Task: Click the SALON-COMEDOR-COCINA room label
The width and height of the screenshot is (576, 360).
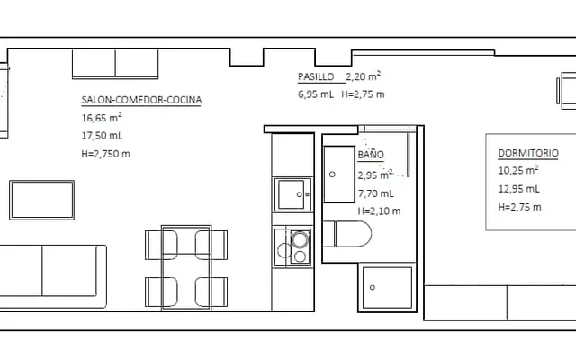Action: (x=141, y=100)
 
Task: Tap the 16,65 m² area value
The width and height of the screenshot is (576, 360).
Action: (x=102, y=118)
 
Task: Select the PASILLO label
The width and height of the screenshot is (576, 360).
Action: (x=316, y=76)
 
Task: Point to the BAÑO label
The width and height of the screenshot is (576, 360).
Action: (x=371, y=154)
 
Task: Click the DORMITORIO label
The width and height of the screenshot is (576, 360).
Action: (x=528, y=153)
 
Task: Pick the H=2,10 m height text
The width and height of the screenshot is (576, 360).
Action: (x=379, y=211)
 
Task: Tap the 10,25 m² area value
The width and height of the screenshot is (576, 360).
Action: (x=518, y=170)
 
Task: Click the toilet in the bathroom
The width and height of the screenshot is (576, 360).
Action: (x=347, y=234)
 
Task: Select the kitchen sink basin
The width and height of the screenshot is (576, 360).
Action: (x=292, y=194)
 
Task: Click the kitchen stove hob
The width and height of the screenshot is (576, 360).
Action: (x=292, y=247)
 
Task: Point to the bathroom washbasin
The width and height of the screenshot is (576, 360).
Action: (x=338, y=174)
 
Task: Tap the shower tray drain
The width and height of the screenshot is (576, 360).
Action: (x=372, y=287)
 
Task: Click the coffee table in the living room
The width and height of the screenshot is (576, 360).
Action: (x=42, y=200)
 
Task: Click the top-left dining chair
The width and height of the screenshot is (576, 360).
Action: (x=162, y=245)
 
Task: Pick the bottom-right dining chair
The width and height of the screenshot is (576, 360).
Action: (x=211, y=292)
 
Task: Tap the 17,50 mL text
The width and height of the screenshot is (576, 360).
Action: (x=102, y=136)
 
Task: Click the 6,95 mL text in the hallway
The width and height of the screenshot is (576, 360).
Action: (x=316, y=94)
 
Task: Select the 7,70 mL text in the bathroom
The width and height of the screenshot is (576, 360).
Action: (x=376, y=193)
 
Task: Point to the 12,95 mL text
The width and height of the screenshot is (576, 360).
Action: (x=518, y=189)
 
